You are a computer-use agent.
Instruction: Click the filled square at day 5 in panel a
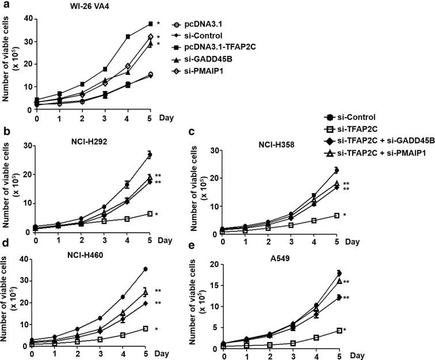[x=150, y=24]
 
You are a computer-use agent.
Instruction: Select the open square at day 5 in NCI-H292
[x=150, y=214]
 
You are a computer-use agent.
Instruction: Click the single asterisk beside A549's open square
[x=377, y=330]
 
